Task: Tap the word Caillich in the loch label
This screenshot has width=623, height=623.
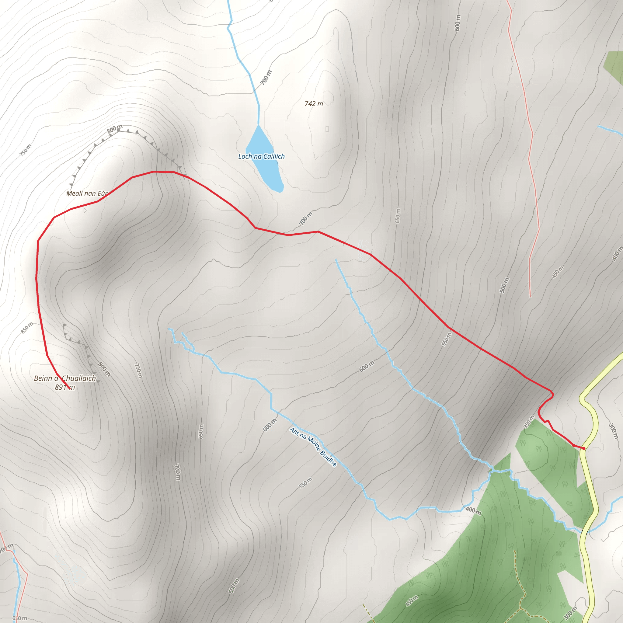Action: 274,156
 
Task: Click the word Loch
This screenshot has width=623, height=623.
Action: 245,156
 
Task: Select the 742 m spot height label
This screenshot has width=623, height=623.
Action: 313,103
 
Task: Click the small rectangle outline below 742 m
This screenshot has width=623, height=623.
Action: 327,129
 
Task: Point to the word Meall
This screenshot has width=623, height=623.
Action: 75,193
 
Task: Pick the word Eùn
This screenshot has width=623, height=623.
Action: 103,193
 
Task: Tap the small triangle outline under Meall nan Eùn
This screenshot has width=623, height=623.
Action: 85,211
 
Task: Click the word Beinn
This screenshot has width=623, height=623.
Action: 43,378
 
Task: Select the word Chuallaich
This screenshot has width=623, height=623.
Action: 79,378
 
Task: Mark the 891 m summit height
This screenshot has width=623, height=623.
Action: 64,387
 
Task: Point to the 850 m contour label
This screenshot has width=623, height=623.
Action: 27,328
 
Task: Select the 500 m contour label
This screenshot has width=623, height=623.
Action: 504,285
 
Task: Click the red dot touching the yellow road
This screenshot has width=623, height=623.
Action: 584,448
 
